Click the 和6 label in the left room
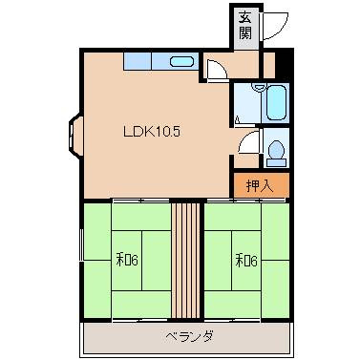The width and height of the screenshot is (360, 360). pyautogui.click(x=129, y=258)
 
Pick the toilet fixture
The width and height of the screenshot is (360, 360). pyautogui.click(x=275, y=152)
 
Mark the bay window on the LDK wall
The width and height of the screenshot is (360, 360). pyautogui.click(x=74, y=134)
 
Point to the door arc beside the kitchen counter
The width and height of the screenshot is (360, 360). pyautogui.click(x=218, y=69)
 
